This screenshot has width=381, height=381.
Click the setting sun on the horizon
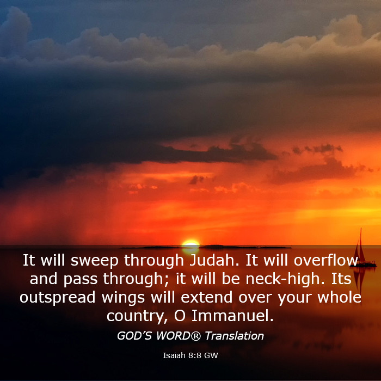point(190,244)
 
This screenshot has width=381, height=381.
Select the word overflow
point(326,260)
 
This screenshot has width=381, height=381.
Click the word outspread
point(57,297)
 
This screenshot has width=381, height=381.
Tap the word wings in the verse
point(123,298)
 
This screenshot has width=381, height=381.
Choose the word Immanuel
point(232,315)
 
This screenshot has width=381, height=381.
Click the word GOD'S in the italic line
point(134,336)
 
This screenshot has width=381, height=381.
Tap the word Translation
point(234,336)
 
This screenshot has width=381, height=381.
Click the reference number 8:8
point(195,355)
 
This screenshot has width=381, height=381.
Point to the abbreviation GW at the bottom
point(211,355)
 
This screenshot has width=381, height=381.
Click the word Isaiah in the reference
point(174,355)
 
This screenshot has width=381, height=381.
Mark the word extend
point(206,297)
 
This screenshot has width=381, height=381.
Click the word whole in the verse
point(339,297)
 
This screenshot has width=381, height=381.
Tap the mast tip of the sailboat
point(361,228)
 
